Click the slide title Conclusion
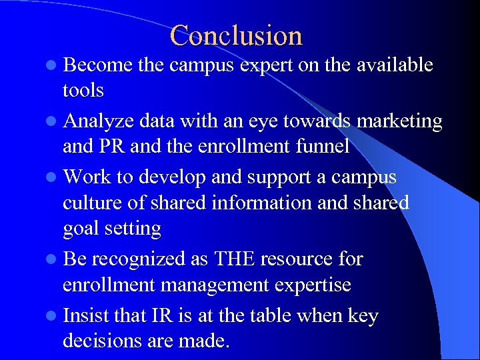click(236, 35)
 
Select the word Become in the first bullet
click(95, 65)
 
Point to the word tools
click(83, 89)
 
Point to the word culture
click(93, 203)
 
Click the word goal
click(79, 229)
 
